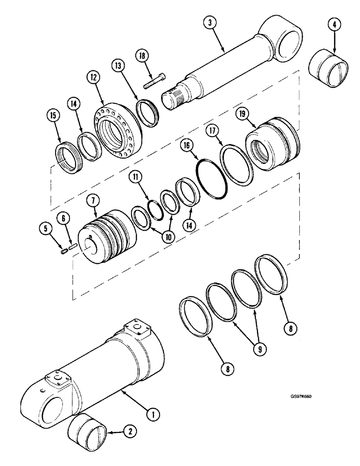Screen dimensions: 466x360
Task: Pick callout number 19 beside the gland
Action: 255,113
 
